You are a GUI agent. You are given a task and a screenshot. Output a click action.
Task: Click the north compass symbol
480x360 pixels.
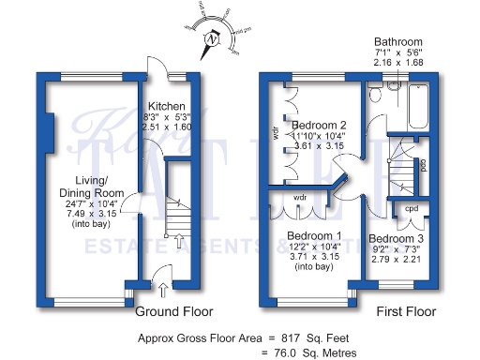(214, 39)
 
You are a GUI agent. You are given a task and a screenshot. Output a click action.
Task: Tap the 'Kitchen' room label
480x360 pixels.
(165, 106)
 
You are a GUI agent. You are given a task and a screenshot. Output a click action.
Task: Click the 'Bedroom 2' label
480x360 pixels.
(319, 125)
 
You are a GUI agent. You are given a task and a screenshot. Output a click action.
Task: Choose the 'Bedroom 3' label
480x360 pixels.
(397, 239)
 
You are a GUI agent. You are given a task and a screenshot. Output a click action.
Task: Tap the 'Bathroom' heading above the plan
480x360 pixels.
(398, 43)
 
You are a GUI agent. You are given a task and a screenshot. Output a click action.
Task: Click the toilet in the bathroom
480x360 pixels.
(376, 96)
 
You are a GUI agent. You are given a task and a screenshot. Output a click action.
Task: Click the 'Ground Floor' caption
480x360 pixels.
(174, 311)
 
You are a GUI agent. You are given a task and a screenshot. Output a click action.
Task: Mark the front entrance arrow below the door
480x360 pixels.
(164, 290)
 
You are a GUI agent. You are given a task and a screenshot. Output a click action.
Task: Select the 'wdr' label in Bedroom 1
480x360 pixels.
(300, 198)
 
